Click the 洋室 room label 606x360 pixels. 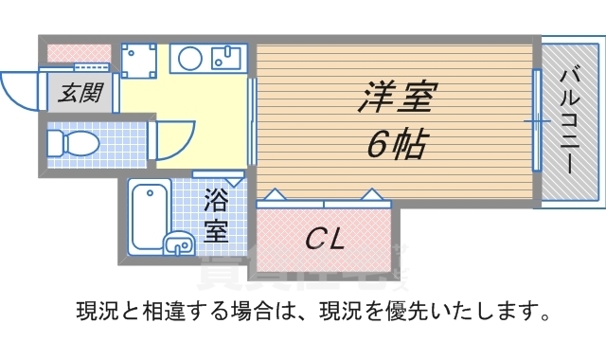click(x=395, y=97)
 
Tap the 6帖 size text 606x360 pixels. click(x=395, y=144)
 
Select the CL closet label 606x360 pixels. click(x=323, y=237)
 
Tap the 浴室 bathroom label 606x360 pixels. click(x=216, y=214)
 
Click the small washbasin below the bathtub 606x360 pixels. click(x=177, y=243)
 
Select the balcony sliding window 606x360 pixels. click(x=536, y=121)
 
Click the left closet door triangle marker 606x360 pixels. click(x=272, y=195)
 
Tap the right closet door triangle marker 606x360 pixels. click(x=374, y=195)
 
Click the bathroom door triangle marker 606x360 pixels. click(x=236, y=179)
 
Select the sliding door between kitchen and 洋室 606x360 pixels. click(x=252, y=121)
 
